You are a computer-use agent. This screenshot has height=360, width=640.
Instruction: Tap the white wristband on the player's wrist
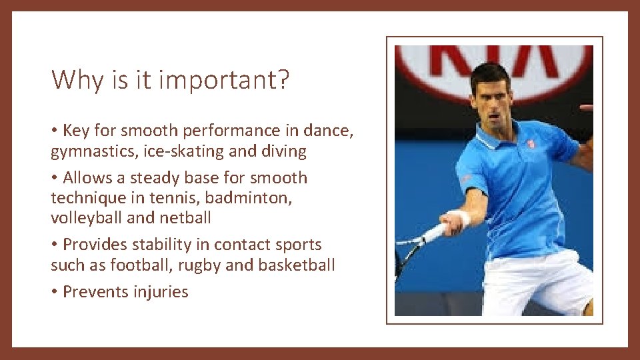pyautogui.click(x=460, y=218)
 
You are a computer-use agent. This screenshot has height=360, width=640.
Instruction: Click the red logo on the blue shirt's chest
pyautogui.click(x=530, y=143)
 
